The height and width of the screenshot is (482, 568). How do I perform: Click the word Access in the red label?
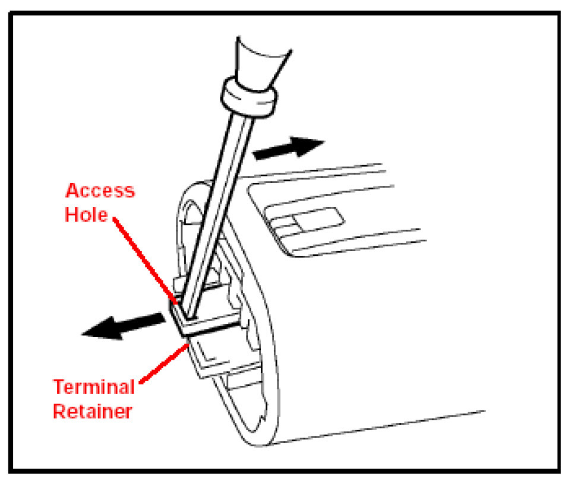coord(100,191)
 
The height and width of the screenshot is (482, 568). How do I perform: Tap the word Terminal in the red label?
coord(94,388)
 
